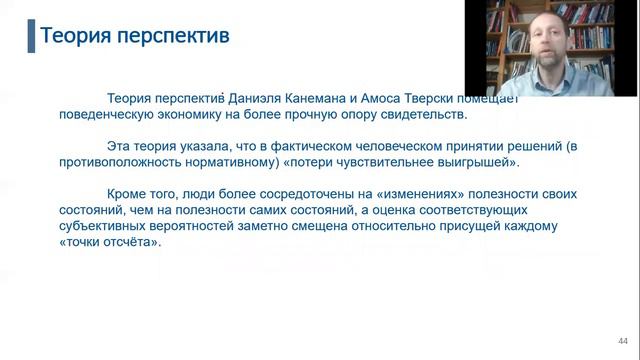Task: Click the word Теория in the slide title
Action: [76, 37]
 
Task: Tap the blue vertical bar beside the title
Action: [29, 36]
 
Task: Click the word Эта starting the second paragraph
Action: [120, 146]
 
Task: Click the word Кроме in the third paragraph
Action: [127, 194]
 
